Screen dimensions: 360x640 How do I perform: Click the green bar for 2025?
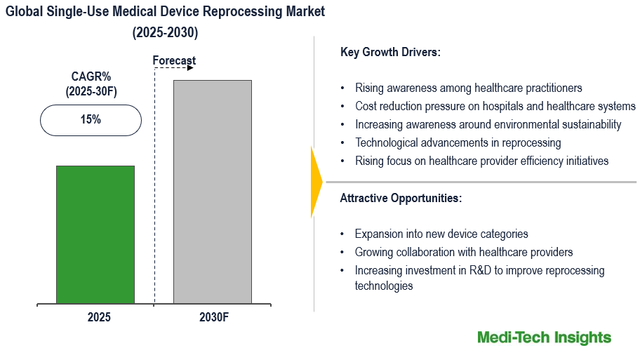tap(95, 234)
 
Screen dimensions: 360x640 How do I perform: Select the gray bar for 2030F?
tap(213, 192)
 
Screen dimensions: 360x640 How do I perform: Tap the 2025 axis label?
tap(99, 317)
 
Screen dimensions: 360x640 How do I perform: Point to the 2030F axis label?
tap(213, 317)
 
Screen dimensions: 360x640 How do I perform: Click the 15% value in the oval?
tap(91, 120)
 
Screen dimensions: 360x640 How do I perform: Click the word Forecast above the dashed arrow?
tap(174, 61)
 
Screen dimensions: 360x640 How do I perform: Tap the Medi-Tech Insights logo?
tap(544, 338)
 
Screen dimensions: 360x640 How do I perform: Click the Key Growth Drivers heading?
tap(390, 52)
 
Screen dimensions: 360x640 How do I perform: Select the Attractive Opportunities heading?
tap(401, 198)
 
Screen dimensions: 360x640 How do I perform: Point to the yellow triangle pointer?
tap(316, 182)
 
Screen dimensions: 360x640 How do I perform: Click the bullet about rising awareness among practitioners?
tap(468, 88)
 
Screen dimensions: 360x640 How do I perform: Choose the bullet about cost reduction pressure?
tap(495, 107)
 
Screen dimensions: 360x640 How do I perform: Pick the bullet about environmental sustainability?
tap(488, 125)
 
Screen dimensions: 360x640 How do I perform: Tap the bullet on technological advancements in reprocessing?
tap(458, 143)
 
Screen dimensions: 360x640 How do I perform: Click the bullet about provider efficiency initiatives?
tap(481, 161)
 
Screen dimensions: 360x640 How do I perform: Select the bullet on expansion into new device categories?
tap(441, 234)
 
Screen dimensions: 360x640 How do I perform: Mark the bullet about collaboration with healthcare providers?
tap(464, 253)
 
